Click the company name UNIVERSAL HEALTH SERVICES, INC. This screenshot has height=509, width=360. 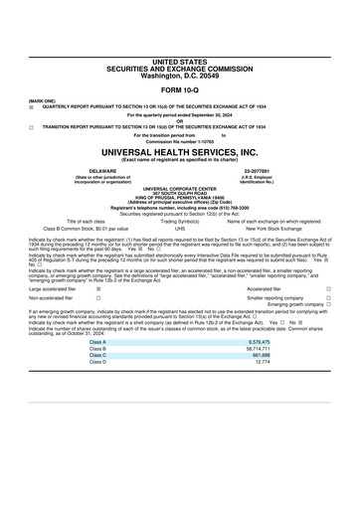[x=179, y=152]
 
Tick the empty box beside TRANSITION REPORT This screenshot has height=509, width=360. [x=31, y=127]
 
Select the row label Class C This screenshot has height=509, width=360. [x=97, y=355]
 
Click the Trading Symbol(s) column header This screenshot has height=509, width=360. [x=180, y=220]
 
